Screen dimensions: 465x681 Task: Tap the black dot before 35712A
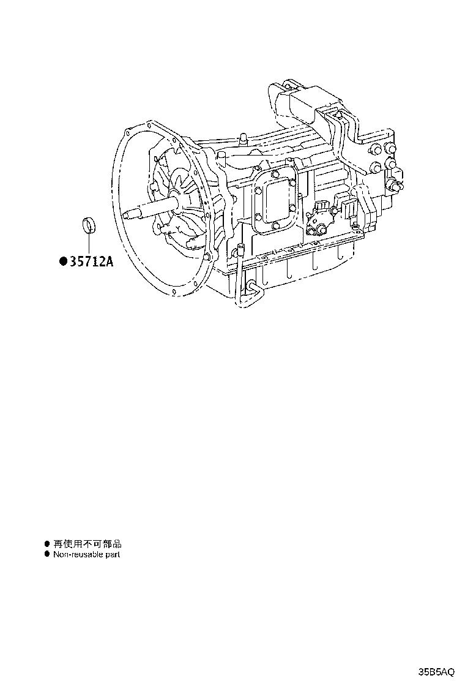click(64, 261)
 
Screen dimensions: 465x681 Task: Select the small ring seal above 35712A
click(90, 227)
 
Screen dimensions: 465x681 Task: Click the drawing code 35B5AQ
click(436, 672)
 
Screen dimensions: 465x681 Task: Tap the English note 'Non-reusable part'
click(86, 554)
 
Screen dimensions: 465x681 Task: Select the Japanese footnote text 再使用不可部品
click(87, 544)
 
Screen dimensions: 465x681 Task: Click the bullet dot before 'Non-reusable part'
click(47, 554)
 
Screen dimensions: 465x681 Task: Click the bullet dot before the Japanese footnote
click(47, 544)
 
